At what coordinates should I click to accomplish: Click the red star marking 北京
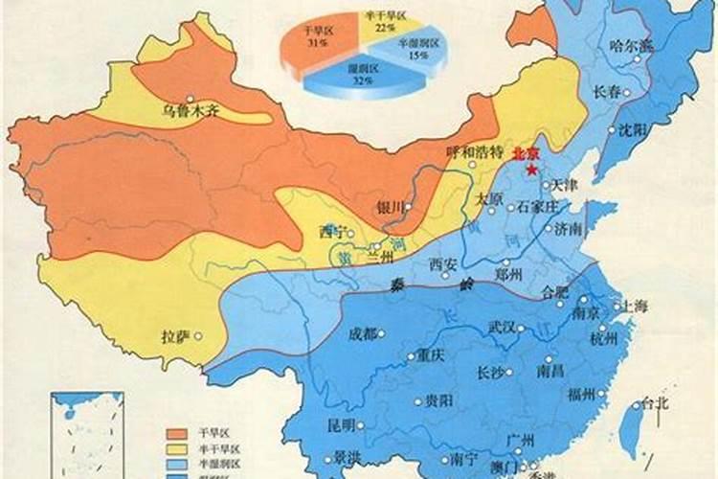pyautogui.click(x=530, y=169)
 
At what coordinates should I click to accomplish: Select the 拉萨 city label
pyautogui.click(x=176, y=336)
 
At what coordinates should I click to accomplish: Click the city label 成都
pyautogui.click(x=363, y=333)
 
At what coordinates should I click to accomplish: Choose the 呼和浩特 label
pyautogui.click(x=474, y=153)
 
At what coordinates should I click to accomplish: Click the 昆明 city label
pyautogui.click(x=341, y=424)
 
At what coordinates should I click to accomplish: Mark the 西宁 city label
pyautogui.click(x=331, y=232)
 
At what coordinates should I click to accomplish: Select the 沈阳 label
pyautogui.click(x=634, y=129)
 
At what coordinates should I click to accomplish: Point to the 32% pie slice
pyautogui.click(x=359, y=77)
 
